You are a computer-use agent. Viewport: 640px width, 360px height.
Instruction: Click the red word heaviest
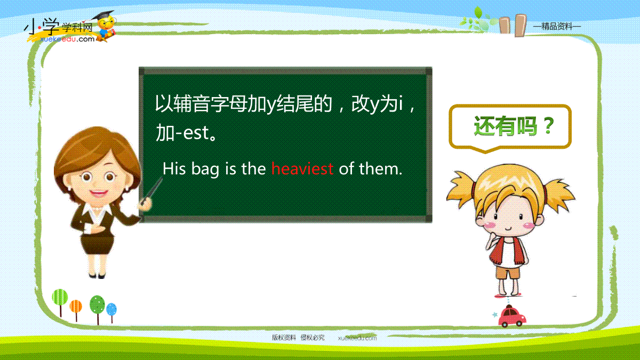pos(302,169)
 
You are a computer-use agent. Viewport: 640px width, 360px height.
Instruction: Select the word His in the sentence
pos(174,169)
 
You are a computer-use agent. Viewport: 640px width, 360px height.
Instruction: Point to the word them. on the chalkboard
pos(381,169)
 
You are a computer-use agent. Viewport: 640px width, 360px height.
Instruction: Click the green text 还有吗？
pos(514,126)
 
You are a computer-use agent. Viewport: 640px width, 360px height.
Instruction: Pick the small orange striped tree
pos(76,310)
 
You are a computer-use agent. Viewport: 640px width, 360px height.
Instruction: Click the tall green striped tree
pos(60,302)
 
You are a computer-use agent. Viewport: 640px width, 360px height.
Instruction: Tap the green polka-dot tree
pos(97,309)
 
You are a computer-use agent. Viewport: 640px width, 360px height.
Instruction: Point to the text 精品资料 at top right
pos(557,27)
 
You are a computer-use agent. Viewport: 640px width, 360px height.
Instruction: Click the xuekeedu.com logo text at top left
pos(67,39)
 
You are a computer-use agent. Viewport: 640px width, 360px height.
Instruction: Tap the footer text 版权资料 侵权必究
pos(298,338)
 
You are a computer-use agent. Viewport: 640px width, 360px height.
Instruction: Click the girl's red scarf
pos(508,251)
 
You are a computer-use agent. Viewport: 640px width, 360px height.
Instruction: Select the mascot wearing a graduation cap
pos(105,26)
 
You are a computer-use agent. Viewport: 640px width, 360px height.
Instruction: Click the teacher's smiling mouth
pos(98,193)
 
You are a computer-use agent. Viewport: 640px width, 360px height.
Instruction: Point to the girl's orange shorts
pos(508,273)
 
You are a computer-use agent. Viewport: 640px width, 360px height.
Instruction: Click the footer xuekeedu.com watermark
pos(357,338)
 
